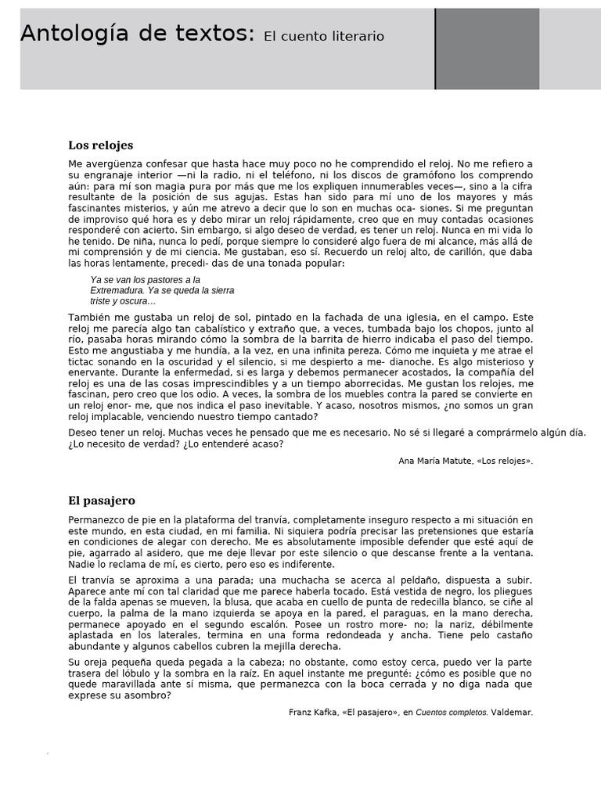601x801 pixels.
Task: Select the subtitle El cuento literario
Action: click(x=324, y=36)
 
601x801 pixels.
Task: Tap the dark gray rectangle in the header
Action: click(x=487, y=48)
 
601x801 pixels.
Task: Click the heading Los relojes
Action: click(x=100, y=145)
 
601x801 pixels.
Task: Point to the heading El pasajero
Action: click(x=102, y=501)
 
